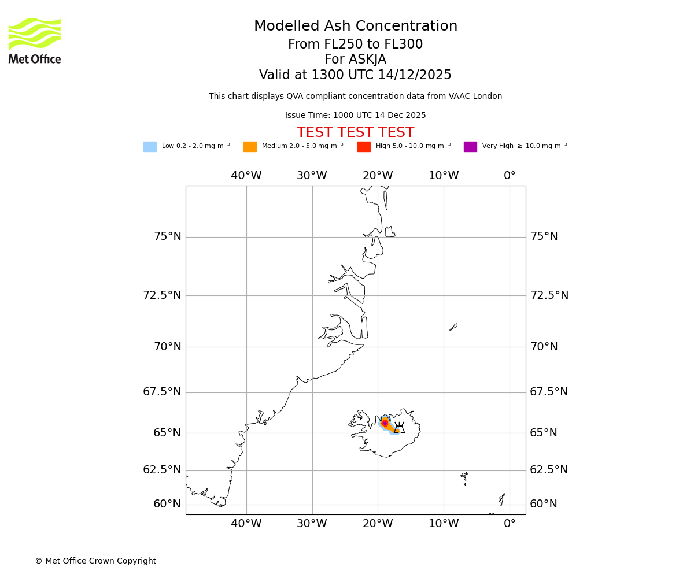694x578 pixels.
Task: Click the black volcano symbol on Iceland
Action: pos(399,429)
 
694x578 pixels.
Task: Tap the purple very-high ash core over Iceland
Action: pos(385,423)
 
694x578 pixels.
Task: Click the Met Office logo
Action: pos(35,40)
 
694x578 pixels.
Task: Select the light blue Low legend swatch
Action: pos(150,147)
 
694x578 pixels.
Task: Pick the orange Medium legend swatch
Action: pos(250,147)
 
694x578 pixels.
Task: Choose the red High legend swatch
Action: pos(364,147)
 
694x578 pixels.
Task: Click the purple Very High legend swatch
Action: pos(470,147)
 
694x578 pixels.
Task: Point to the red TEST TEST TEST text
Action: pos(355,132)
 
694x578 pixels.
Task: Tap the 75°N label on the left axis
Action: pos(167,236)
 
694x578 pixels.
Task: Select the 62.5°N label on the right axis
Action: pos(549,470)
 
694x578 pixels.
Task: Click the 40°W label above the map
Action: pos(246,176)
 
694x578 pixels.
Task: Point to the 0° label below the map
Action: pos(510,524)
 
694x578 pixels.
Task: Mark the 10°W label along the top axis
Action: pos(444,176)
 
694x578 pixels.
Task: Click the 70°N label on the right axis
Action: pos(544,347)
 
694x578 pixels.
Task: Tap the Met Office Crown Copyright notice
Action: pos(95,561)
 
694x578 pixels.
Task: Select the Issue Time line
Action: pos(355,116)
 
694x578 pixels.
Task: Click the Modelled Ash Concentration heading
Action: pos(355,26)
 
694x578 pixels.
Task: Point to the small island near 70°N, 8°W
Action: pos(453,327)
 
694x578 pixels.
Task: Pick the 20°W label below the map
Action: pos(378,524)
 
